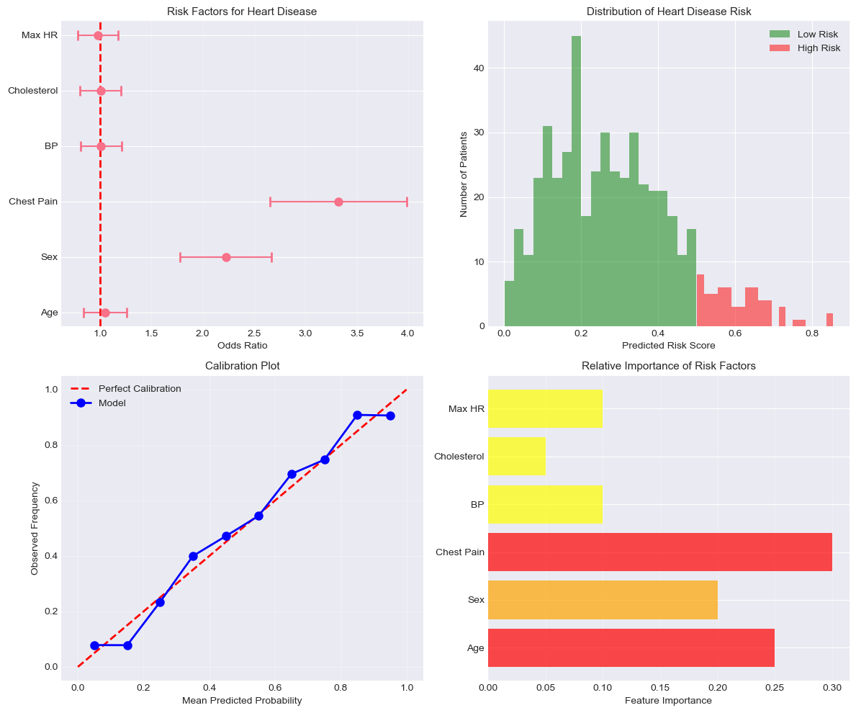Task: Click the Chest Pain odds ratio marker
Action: (338, 202)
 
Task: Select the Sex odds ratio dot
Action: (226, 257)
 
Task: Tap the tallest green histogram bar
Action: (576, 180)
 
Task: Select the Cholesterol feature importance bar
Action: (517, 457)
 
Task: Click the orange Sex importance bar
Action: (603, 600)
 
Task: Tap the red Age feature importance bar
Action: (631, 647)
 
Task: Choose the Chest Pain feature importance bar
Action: (660, 552)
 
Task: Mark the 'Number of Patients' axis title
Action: (464, 174)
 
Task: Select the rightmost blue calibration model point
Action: (390, 416)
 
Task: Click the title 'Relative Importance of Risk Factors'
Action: (669, 366)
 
